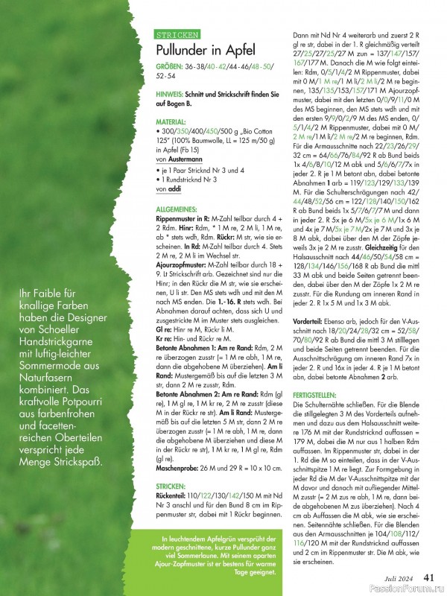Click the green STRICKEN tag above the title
177,35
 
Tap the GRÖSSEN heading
171,67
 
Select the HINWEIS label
173,95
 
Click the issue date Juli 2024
399,577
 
